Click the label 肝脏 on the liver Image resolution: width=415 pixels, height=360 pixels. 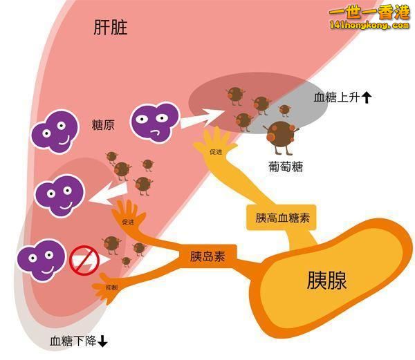click(x=111, y=27)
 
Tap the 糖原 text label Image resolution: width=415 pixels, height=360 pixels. click(x=103, y=125)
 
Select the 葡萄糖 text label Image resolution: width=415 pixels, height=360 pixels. click(x=286, y=167)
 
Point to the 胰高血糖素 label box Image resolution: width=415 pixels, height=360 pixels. click(x=282, y=218)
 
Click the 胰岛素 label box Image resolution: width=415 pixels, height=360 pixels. click(x=207, y=256)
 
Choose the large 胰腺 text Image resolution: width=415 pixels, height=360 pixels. click(x=327, y=280)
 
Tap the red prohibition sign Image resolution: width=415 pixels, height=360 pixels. click(x=84, y=260)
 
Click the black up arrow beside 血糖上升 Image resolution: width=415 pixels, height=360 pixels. click(x=367, y=97)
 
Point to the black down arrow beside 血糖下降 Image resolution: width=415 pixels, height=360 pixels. click(x=102, y=341)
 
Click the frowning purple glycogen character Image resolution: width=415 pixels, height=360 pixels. click(x=155, y=122)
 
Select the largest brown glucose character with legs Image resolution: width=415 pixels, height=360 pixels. click(x=281, y=137)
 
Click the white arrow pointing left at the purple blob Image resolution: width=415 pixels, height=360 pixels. click(x=109, y=194)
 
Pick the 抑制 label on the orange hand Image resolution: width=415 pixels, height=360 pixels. click(x=111, y=287)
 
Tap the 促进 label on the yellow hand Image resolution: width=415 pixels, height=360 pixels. click(x=216, y=152)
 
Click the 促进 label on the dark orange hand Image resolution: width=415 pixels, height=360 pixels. click(x=128, y=222)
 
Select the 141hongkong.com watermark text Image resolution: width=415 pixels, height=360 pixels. click(x=369, y=26)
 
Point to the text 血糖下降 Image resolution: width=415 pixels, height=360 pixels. click(x=73, y=341)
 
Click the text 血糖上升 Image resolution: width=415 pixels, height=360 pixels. click(x=337, y=97)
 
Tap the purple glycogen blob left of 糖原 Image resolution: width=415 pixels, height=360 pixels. click(x=55, y=131)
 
